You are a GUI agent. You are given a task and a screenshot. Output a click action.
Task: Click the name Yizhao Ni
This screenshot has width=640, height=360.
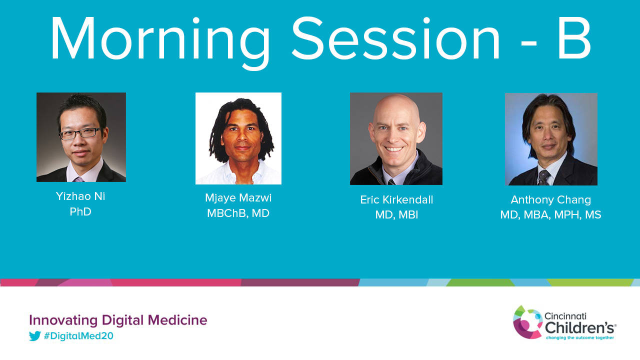tap(80, 196)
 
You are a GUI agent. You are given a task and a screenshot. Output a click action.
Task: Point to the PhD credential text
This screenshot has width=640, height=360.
tap(80, 211)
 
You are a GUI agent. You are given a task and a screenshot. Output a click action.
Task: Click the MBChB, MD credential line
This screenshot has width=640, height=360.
tap(238, 213)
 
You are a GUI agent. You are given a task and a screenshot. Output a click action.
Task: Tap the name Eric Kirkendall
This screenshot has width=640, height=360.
tap(396, 199)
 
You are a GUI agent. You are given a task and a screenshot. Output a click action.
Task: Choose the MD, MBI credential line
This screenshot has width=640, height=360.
tap(396, 214)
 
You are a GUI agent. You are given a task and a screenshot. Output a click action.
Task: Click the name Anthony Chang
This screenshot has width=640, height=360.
tap(551, 200)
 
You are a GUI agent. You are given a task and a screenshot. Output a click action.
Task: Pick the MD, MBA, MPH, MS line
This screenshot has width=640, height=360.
tap(551, 214)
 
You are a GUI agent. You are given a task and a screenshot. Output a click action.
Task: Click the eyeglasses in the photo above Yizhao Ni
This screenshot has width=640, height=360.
tap(80, 133)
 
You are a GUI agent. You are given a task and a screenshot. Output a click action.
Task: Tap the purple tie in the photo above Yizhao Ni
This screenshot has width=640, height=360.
tap(78, 179)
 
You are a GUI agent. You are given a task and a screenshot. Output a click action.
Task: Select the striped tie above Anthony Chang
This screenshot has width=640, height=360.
tap(543, 177)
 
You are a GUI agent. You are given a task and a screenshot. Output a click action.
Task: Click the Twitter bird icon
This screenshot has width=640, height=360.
tap(35, 336)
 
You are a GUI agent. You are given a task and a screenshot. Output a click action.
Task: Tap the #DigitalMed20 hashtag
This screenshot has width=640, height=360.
tap(78, 336)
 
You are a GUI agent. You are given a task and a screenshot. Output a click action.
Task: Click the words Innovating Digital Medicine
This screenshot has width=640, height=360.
tap(118, 320)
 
